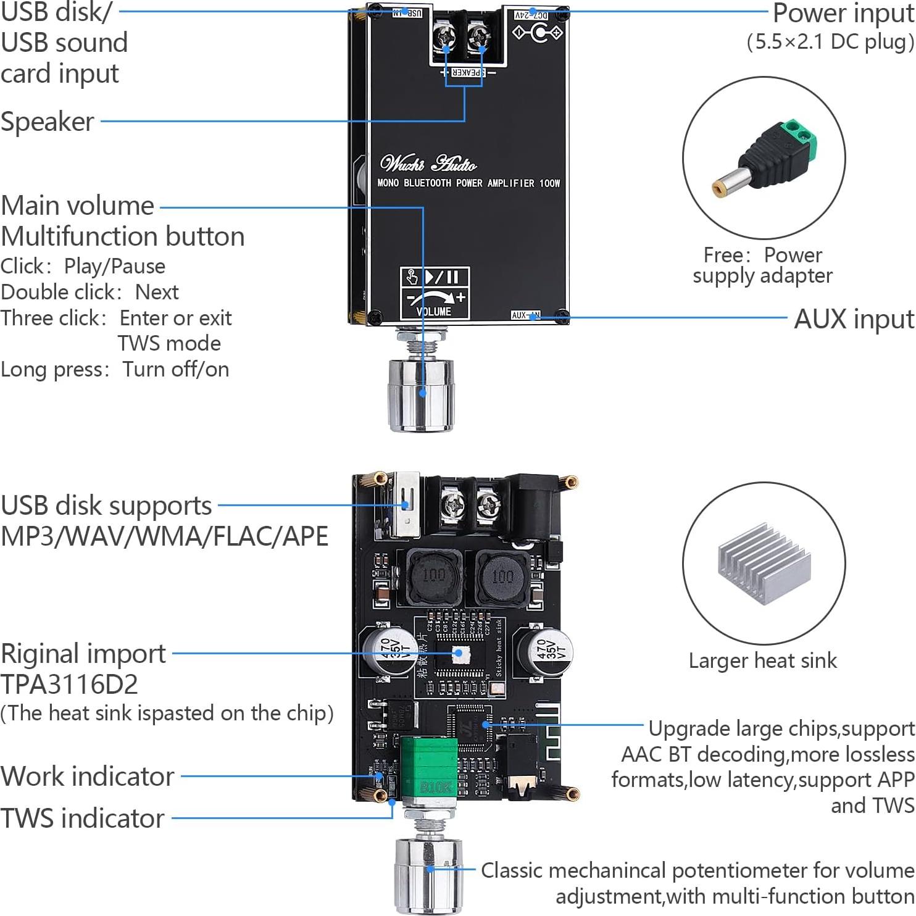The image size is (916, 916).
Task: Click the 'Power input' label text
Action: tap(843, 14)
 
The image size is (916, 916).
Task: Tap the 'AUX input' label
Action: tap(854, 319)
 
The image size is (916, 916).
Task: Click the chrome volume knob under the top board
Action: tap(420, 395)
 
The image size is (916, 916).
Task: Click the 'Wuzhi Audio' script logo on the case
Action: tap(428, 164)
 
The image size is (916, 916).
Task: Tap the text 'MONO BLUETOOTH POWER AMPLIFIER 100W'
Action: tap(468, 183)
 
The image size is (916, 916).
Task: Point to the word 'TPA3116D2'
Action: tap(69, 684)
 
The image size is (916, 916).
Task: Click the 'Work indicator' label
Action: tap(88, 777)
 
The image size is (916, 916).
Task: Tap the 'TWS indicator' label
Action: tap(83, 818)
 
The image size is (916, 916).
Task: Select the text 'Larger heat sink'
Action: tap(763, 660)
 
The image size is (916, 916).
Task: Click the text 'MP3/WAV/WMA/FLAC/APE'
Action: tap(164, 536)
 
